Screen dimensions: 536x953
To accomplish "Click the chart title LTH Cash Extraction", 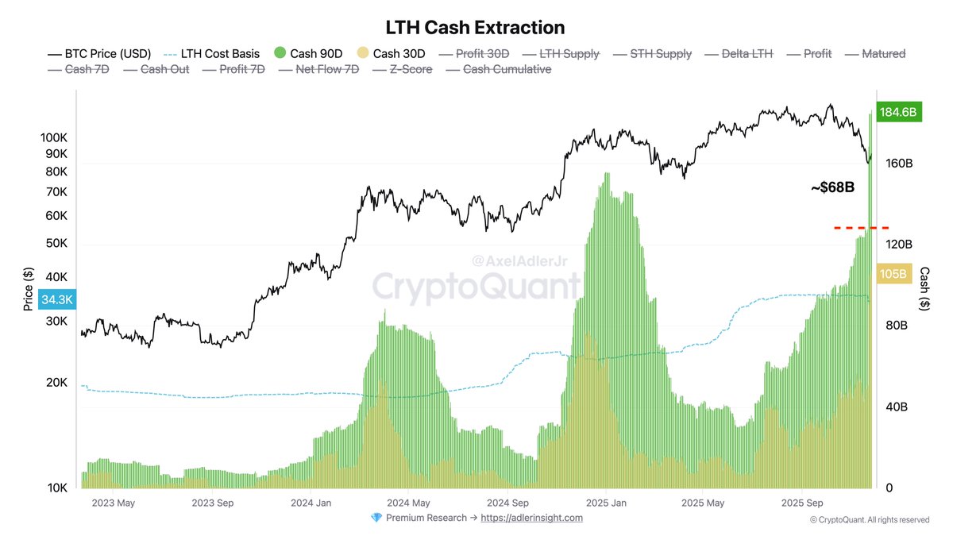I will [475, 27].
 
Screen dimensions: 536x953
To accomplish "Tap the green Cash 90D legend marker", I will [280, 54].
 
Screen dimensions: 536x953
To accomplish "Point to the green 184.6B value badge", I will [897, 113].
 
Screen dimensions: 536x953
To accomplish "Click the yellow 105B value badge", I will [893, 274].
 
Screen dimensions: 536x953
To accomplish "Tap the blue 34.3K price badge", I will [57, 300].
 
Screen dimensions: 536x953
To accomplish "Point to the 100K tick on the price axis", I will [53, 137].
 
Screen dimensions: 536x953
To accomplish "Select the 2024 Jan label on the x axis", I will [311, 503].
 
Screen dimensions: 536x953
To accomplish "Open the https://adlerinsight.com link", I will [531, 518].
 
